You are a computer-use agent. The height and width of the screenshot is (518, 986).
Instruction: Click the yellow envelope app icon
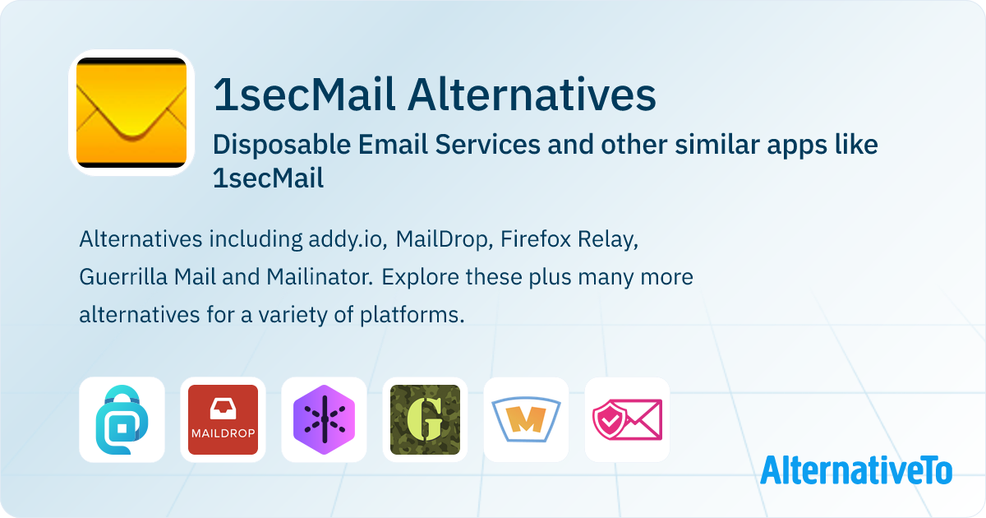(x=131, y=113)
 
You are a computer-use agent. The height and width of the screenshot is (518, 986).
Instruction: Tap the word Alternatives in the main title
(x=532, y=95)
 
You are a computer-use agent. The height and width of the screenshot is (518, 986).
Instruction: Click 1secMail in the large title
(x=303, y=95)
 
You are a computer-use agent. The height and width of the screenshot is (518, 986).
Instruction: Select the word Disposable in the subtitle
(x=282, y=145)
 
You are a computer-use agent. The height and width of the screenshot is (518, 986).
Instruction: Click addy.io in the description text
(x=348, y=239)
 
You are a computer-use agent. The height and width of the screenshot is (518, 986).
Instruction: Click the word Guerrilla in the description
(x=123, y=277)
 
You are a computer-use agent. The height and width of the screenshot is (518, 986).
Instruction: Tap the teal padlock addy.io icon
(x=122, y=420)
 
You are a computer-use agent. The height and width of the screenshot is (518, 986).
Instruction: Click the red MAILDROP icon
(x=223, y=420)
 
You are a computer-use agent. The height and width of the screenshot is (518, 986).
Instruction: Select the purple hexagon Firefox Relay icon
(x=324, y=420)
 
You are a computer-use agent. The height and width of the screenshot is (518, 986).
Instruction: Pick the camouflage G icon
(x=426, y=420)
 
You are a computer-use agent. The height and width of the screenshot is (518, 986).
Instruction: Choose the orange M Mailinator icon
(x=526, y=420)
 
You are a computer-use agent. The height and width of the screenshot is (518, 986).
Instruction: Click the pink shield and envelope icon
(x=627, y=420)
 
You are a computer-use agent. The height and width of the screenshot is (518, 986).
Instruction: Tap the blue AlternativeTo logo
(x=856, y=470)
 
